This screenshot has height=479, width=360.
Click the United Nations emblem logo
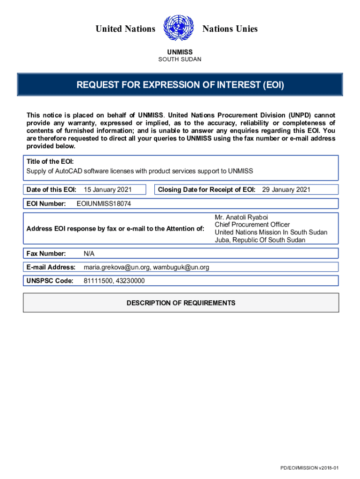179,28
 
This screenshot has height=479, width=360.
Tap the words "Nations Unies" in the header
230,29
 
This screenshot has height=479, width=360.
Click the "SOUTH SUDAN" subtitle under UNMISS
180,59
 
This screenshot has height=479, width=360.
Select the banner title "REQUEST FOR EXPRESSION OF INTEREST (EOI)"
180,85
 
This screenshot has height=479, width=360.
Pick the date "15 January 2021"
108,189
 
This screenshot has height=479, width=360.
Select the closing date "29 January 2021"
286,189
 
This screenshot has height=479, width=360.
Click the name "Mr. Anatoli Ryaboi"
241,218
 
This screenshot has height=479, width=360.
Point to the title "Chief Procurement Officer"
252,225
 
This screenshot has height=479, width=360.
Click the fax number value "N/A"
89,254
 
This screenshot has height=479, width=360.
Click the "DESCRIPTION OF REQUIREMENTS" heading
181,303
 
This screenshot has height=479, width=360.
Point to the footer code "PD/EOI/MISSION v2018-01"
309,468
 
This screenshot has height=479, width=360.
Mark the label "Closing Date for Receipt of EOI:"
207,189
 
